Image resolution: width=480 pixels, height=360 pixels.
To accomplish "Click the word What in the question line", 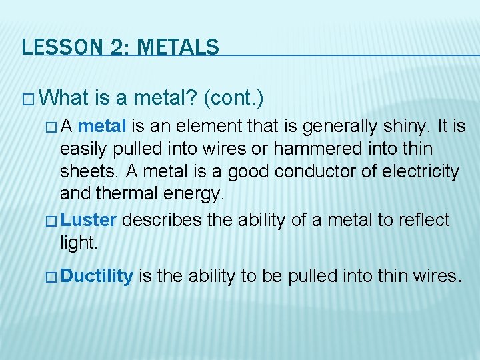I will tap(64, 99).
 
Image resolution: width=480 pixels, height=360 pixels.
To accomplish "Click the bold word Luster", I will tap(91, 219).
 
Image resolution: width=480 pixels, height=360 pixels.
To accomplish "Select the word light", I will tap(78, 243).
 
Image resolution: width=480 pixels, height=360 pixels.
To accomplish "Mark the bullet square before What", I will tap(28, 100).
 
